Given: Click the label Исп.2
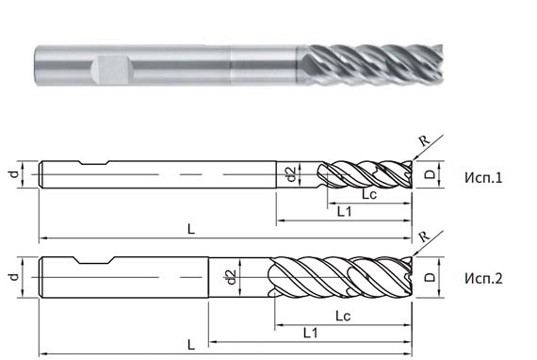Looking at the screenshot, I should [482, 278].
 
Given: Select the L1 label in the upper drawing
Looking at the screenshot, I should [344, 213].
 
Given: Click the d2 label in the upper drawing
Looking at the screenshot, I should [291, 174].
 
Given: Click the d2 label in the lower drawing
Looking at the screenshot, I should [229, 277].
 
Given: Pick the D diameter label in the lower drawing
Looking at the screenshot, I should [429, 277].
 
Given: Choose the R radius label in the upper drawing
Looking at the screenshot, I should [423, 141].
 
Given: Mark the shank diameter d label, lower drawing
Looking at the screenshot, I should [13, 277].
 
